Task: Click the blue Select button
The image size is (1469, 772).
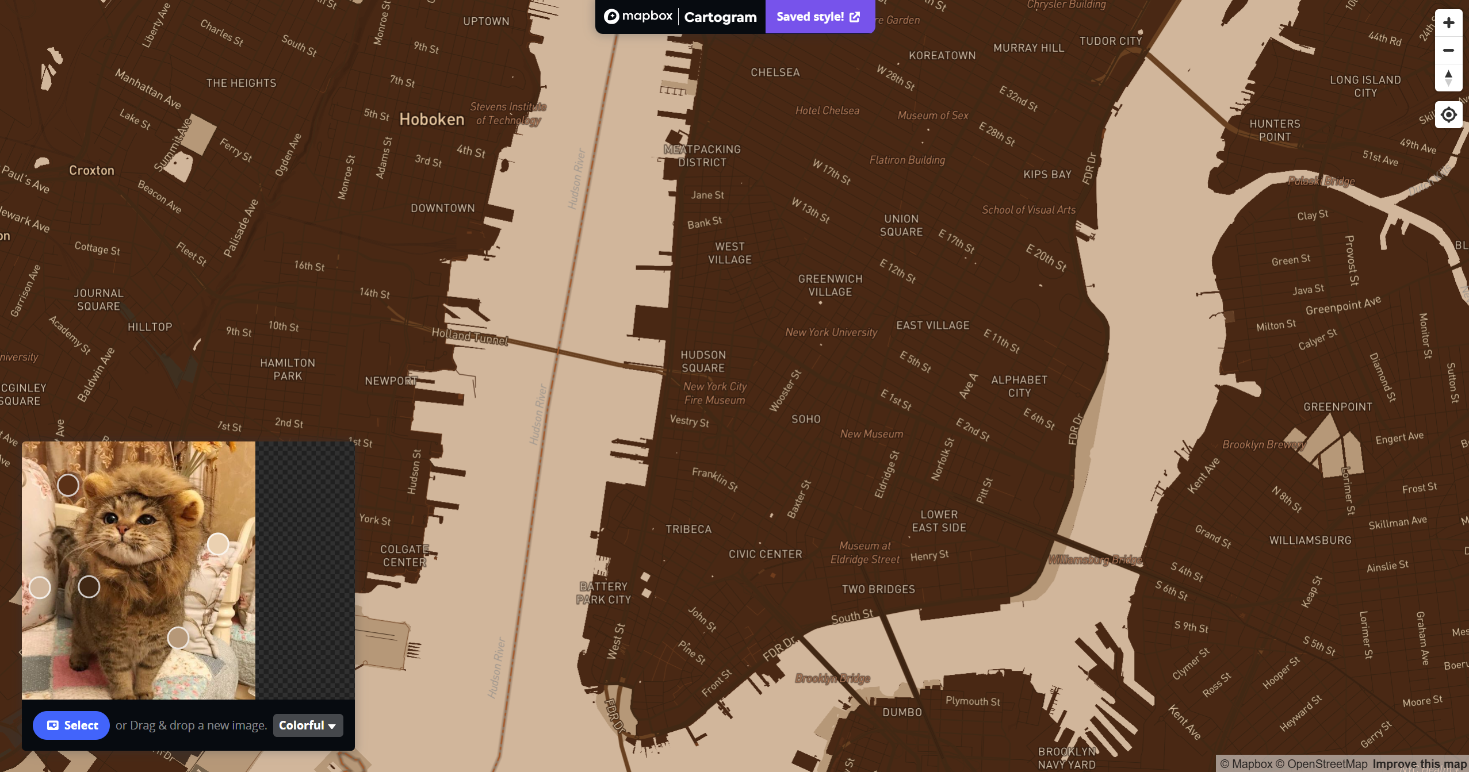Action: click(x=71, y=725)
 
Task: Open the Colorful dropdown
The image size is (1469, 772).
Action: click(x=308, y=725)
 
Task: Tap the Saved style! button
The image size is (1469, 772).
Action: click(x=818, y=17)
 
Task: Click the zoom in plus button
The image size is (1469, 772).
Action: click(x=1448, y=23)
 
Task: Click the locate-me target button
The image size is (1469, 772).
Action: click(x=1448, y=115)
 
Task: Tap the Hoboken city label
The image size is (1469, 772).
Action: click(x=431, y=120)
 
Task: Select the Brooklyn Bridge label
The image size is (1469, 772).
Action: click(x=832, y=678)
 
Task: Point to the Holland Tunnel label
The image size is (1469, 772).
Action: click(x=469, y=336)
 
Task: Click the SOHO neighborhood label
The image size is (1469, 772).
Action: click(x=806, y=419)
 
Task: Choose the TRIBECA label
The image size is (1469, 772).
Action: click(x=688, y=529)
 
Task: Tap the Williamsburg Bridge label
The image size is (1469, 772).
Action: click(x=1095, y=559)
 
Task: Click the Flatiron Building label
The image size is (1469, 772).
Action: click(x=907, y=160)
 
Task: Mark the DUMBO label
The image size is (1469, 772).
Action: click(x=902, y=712)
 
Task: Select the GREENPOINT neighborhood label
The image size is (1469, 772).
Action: click(x=1337, y=407)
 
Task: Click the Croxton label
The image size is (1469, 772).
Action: click(x=91, y=170)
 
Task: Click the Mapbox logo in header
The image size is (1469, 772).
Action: click(x=638, y=17)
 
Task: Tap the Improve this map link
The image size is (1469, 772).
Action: click(x=1419, y=764)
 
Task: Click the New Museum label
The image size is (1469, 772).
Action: click(x=871, y=434)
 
